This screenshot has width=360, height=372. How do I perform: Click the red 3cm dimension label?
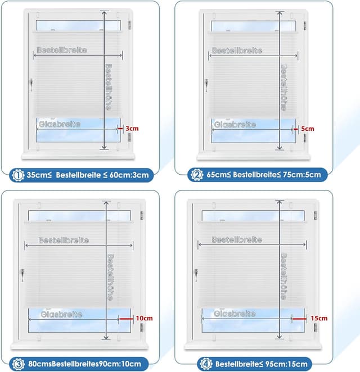[131, 128]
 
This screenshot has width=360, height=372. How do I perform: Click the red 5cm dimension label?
[308, 128]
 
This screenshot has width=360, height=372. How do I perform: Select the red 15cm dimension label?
[318, 317]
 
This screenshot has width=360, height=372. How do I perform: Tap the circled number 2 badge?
[196, 174]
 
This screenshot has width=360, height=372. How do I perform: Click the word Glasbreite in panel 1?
[60, 124]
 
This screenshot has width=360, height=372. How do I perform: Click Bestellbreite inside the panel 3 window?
[64, 240]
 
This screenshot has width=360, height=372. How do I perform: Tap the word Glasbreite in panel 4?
[235, 313]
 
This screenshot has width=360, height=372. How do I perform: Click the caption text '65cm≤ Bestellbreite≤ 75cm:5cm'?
[263, 174]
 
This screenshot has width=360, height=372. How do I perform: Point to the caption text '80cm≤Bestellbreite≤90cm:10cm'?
[80, 362]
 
